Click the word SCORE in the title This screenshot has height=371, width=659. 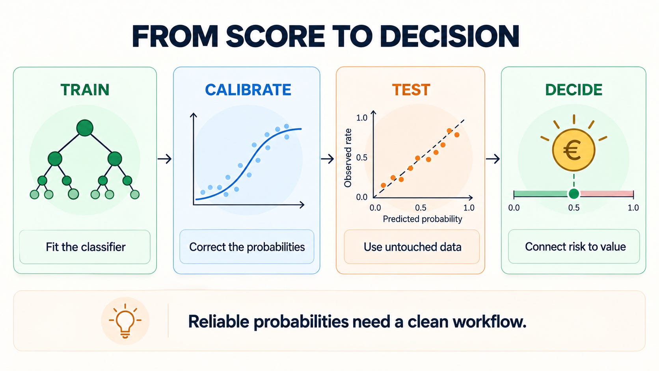tap(275, 37)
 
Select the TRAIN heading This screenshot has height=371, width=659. tap(85, 90)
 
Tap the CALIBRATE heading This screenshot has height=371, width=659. tap(248, 90)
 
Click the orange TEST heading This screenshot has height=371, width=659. tap(411, 90)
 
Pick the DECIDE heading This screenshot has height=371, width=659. tap(574, 90)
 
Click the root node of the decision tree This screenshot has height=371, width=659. tap(85, 128)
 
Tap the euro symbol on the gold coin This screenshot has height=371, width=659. tap(572, 150)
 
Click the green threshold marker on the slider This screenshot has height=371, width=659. tap(574, 194)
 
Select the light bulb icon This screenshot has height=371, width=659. tap(125, 321)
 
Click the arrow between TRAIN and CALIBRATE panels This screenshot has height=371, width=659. tap(164, 159)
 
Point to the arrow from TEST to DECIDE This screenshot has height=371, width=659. tap(493, 159)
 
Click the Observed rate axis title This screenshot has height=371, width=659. tap(348, 158)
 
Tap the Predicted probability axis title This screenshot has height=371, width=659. tap(423, 219)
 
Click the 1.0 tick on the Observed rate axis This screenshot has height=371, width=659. tap(361, 117)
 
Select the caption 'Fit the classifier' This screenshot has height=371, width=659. tap(86, 247)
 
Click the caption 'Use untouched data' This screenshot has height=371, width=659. tap(412, 247)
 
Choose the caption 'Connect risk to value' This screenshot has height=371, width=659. tap(575, 247)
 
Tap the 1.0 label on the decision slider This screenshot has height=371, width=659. tap(633, 208)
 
